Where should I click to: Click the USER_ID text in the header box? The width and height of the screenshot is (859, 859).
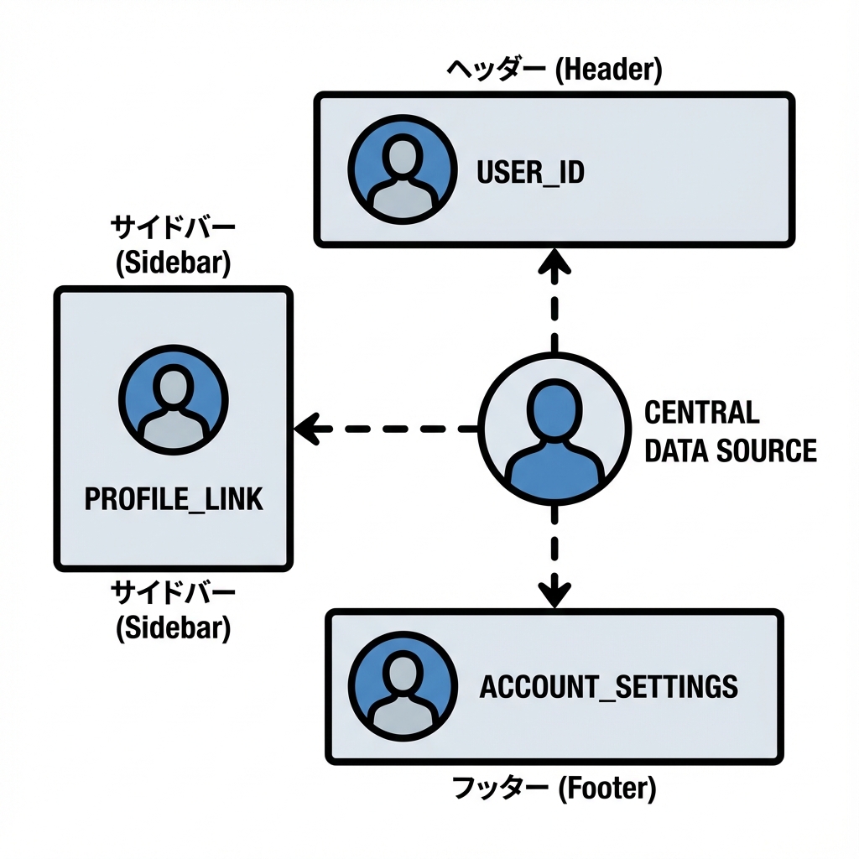pyautogui.click(x=529, y=174)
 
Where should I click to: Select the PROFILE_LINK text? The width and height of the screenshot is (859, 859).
pyautogui.click(x=174, y=499)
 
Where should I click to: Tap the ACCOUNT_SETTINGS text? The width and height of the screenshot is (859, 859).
pyautogui.click(x=608, y=686)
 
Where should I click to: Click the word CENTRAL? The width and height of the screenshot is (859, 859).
pyautogui.click(x=701, y=413)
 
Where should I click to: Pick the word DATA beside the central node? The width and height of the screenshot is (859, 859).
pyautogui.click(x=676, y=451)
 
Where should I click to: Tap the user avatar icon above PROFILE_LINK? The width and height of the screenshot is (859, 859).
pyautogui.click(x=173, y=398)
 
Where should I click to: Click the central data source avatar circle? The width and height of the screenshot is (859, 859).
pyautogui.click(x=554, y=429)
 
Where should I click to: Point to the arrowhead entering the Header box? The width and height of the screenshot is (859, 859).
pyautogui.click(x=554, y=262)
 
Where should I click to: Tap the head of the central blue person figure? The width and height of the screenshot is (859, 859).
pyautogui.click(x=554, y=403)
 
